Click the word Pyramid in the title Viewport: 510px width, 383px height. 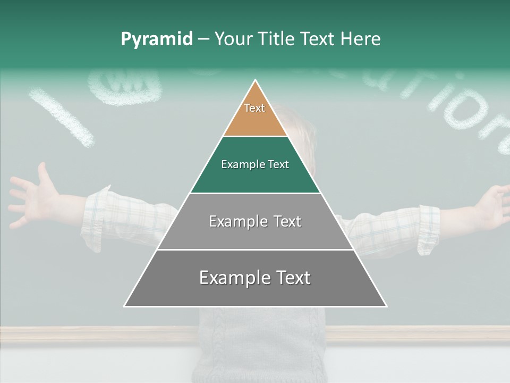157,39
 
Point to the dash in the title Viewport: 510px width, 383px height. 203,39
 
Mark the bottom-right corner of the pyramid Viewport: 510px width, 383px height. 386,306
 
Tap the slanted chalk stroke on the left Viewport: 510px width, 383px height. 61,118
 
